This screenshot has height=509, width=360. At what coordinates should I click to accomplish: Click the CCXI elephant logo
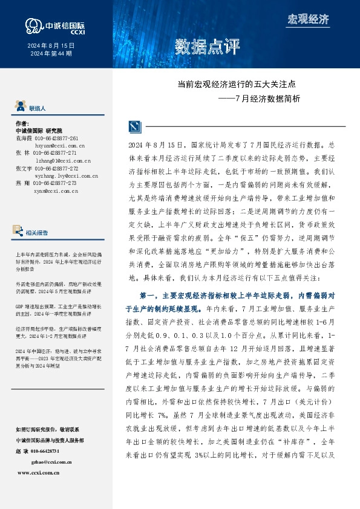click(34, 25)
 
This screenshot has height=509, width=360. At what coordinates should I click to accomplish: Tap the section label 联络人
click(38, 107)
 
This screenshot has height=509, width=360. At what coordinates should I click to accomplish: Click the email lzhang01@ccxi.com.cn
click(62, 161)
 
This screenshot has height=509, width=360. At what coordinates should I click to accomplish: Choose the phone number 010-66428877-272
click(56, 168)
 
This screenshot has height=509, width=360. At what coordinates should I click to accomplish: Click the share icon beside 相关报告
click(18, 230)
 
